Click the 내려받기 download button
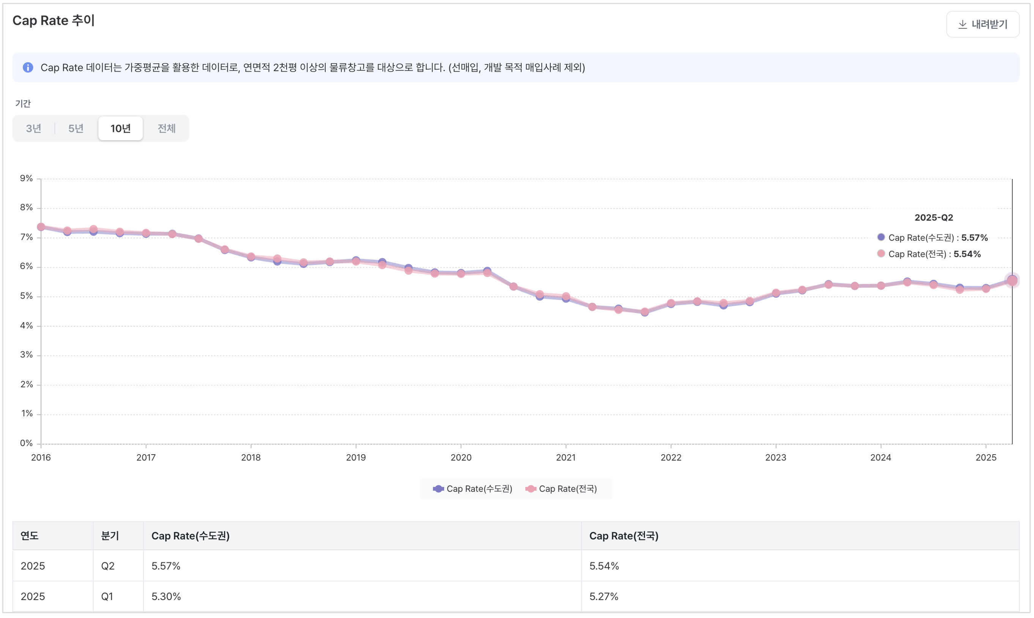(x=982, y=24)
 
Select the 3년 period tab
(x=33, y=128)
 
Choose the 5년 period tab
(x=76, y=128)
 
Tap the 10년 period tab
(x=120, y=128)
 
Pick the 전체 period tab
(x=166, y=128)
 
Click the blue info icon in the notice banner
(x=28, y=67)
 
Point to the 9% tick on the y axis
(x=26, y=179)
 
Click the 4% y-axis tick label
(x=26, y=326)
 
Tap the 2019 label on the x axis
(x=356, y=458)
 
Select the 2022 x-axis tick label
(x=671, y=458)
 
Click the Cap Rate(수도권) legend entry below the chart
(x=473, y=489)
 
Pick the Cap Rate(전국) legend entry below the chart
(x=562, y=489)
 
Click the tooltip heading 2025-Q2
(x=933, y=218)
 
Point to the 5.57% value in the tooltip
(x=974, y=238)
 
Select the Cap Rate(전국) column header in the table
(x=624, y=536)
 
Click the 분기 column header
(x=110, y=536)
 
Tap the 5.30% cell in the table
(x=166, y=597)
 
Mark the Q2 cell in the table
(x=107, y=566)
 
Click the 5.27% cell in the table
(x=604, y=597)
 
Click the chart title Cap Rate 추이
(x=54, y=20)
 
